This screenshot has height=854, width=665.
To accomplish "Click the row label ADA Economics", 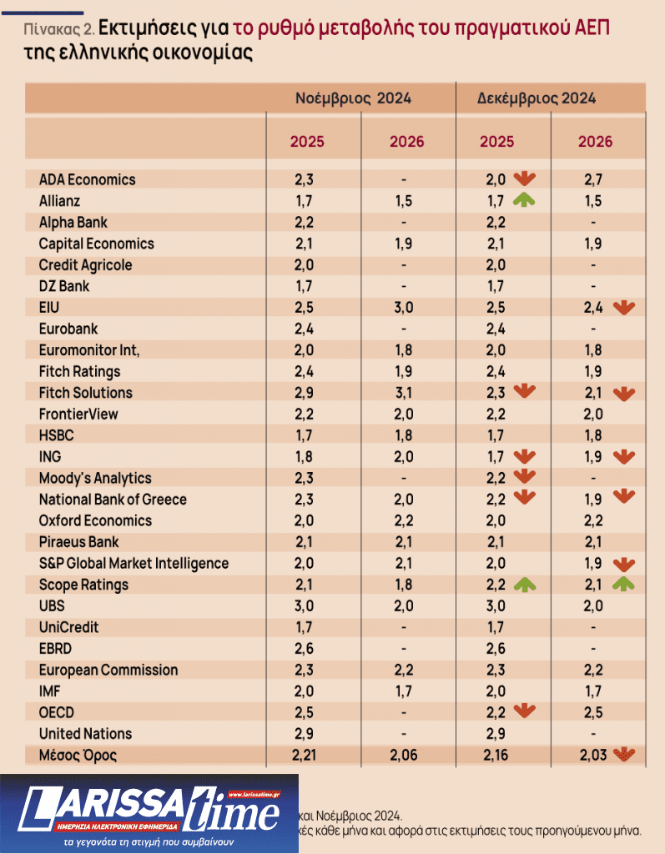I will click(x=87, y=179).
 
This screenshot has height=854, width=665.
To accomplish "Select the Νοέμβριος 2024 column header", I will click(x=353, y=98).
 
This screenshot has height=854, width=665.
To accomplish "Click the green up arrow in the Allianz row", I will click(x=524, y=200).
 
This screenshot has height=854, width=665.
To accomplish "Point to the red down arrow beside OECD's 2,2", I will click(x=524, y=711).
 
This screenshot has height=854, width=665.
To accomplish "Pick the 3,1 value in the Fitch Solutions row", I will click(x=407, y=392).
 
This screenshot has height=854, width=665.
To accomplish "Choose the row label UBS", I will click(x=53, y=605).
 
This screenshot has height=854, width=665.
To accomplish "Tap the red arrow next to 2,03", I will click(x=622, y=755).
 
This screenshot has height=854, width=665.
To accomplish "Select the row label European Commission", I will click(x=108, y=670).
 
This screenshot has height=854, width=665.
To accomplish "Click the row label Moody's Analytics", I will click(x=95, y=478).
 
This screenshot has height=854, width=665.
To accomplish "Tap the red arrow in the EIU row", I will click(x=623, y=307).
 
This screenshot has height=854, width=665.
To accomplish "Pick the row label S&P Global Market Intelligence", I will click(x=134, y=563).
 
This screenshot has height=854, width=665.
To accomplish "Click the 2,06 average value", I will click(x=407, y=756).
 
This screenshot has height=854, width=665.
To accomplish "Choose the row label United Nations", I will click(x=85, y=733).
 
